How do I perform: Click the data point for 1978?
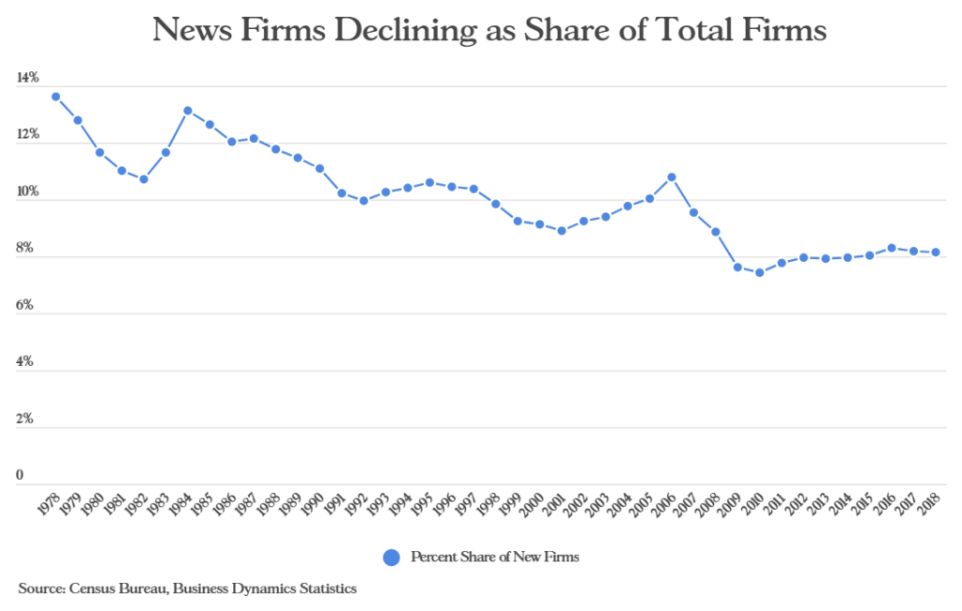click(x=56, y=97)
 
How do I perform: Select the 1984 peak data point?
click(x=188, y=111)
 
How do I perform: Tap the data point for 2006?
click(x=672, y=176)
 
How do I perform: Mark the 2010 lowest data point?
click(x=759, y=273)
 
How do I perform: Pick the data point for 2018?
click(x=935, y=252)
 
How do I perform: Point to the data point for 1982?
click(x=144, y=179)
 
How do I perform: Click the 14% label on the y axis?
click(x=27, y=79)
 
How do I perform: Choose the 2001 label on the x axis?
click(x=556, y=508)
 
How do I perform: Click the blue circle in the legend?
click(x=393, y=558)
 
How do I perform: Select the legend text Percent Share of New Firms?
click(x=495, y=558)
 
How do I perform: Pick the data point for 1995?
click(x=429, y=182)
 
